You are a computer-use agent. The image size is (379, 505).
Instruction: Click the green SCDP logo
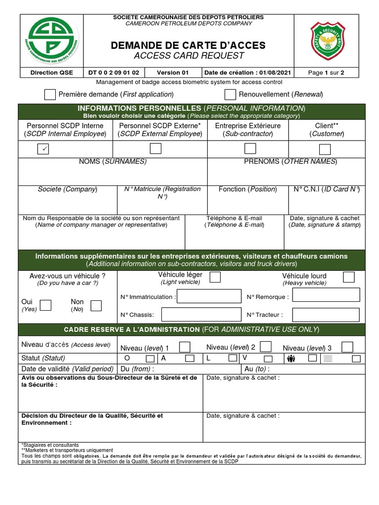[x=51, y=40]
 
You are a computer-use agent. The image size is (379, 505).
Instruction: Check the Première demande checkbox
[x=50, y=94]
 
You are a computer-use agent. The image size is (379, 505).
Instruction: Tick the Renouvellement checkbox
[x=230, y=94]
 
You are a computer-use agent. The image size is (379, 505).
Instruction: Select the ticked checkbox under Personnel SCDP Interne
[x=43, y=148]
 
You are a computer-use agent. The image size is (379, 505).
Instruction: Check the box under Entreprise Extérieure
[x=250, y=148]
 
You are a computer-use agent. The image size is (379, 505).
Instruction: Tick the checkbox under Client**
[x=325, y=149]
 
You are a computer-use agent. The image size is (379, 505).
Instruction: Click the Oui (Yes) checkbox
[x=45, y=305]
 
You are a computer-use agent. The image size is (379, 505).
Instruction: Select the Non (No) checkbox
[x=96, y=305]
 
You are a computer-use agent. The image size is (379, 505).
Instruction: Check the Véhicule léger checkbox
[x=215, y=277]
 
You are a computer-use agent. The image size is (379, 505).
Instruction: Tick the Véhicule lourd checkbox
[x=348, y=277]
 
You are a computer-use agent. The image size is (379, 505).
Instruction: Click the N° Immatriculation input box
[x=206, y=296]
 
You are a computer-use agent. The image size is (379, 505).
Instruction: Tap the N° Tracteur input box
[x=326, y=315]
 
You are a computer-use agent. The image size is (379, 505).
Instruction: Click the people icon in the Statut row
[x=291, y=359]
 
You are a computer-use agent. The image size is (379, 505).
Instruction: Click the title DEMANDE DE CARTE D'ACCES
[x=188, y=45]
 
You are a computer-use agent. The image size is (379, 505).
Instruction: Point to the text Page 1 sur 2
[x=326, y=72]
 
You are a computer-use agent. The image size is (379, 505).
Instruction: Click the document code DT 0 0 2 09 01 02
[x=114, y=72]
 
